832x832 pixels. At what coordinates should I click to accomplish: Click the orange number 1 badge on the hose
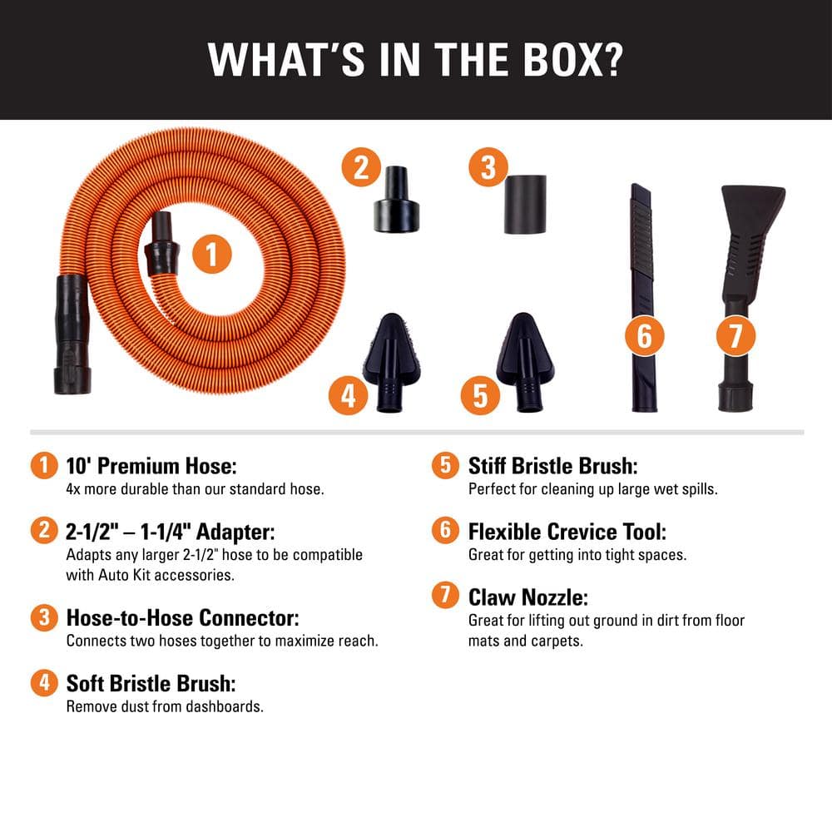coord(211,255)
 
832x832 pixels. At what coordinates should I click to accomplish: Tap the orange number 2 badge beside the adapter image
coord(360,168)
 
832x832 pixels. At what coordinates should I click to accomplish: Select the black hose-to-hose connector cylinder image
coord(524,204)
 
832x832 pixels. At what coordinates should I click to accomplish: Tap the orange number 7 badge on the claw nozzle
coord(736,336)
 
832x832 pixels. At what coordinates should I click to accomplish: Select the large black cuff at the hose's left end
coord(71,333)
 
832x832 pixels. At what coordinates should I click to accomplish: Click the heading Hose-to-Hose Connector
coord(182,618)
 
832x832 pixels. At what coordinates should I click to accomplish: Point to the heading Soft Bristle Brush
coord(151,684)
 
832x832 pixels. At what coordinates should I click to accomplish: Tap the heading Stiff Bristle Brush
coord(552,466)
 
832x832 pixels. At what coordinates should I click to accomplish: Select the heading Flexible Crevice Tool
coord(567,532)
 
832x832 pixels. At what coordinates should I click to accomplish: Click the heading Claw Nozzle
coord(527,597)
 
